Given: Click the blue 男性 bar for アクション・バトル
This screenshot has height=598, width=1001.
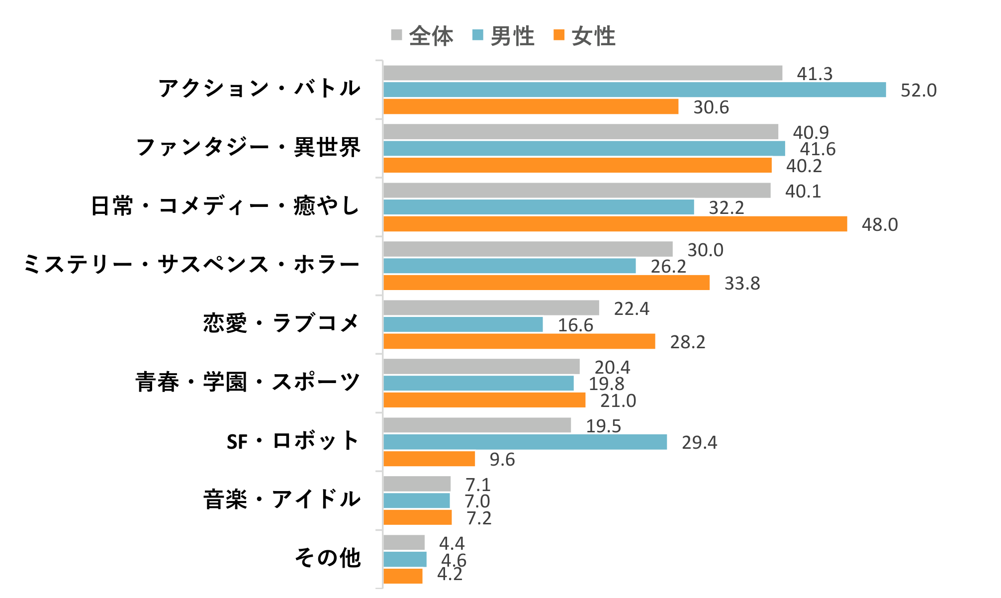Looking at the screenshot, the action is tap(635, 90).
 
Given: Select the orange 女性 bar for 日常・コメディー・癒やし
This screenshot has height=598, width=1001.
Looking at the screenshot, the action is tap(615, 224).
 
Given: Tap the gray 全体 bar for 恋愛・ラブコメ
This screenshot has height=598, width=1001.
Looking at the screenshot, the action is tap(491, 308).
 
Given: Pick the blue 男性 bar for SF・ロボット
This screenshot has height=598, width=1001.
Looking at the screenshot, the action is tap(525, 442).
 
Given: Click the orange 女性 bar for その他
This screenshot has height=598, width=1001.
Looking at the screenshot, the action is tap(403, 576).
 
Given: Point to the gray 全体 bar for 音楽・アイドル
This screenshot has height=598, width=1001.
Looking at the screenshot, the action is tap(417, 484).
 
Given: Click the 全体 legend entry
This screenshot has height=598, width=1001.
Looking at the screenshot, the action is tap(422, 36).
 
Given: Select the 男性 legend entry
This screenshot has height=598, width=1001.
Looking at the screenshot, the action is tap(503, 36).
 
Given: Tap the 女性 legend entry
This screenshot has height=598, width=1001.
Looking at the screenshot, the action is tap(584, 36).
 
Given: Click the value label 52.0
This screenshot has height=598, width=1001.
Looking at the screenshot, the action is tap(918, 91).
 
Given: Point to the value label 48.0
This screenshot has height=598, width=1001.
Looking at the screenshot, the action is tap(880, 225).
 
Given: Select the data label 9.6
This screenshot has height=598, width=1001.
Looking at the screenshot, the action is tap(502, 460).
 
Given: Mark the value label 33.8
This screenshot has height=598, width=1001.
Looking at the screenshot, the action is tap(742, 284).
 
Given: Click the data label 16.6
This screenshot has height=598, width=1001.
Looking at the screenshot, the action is tap(575, 325).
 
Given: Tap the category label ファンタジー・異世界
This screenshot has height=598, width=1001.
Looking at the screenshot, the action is tap(248, 147).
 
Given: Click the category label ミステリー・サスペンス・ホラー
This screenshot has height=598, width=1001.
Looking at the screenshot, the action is tap(191, 264).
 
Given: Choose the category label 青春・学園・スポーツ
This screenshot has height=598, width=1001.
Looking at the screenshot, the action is tap(248, 382).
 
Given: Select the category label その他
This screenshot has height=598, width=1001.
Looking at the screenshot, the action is tap(328, 558).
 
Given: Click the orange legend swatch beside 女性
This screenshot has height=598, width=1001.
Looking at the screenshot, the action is tap(559, 35).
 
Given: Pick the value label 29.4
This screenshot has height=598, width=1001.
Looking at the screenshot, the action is tap(699, 443).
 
